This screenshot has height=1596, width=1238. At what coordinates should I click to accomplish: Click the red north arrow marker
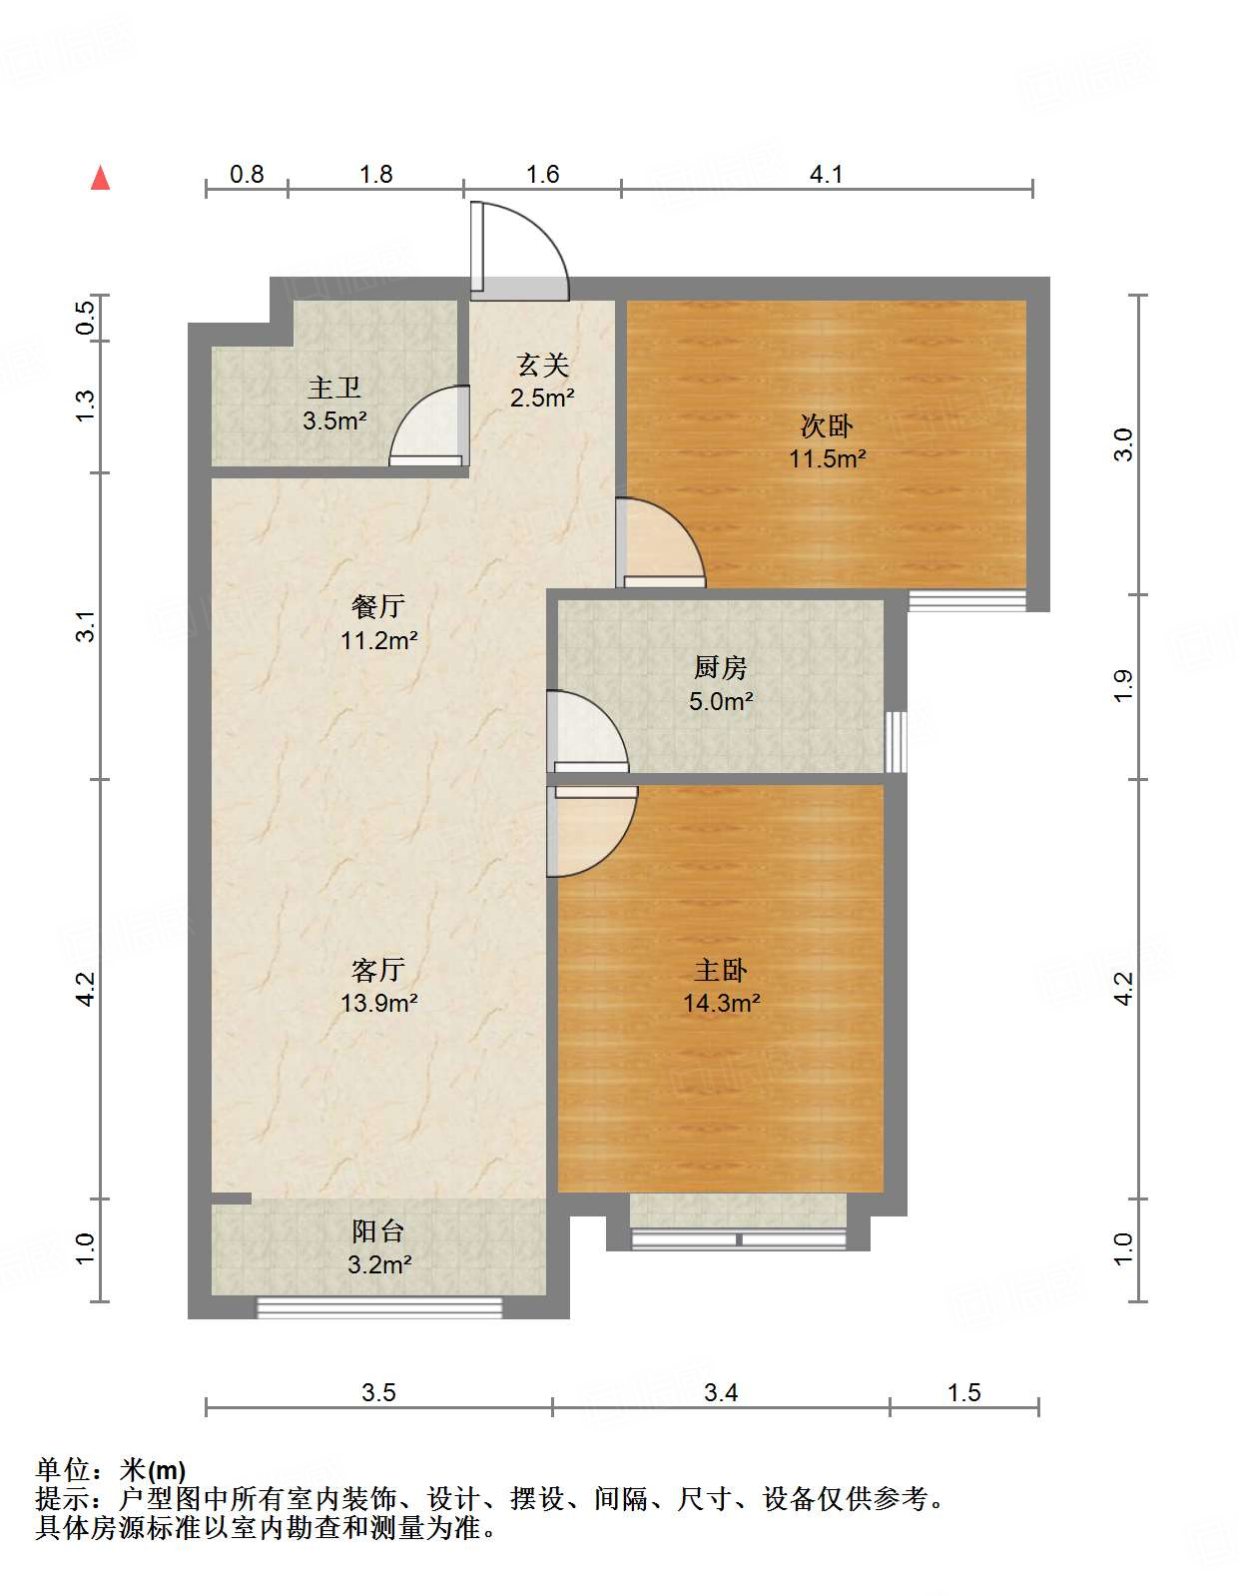tap(101, 178)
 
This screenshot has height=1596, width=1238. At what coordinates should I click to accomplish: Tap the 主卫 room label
tap(334, 388)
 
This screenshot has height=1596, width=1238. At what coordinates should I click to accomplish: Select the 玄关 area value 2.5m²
tap(542, 399)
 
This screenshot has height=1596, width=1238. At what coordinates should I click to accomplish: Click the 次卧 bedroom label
tap(827, 426)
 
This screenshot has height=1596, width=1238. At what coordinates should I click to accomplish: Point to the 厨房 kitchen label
tap(720, 668)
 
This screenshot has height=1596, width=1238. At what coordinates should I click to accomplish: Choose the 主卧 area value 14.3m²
tap(721, 1003)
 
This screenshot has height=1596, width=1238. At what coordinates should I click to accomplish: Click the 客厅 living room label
tap(378, 970)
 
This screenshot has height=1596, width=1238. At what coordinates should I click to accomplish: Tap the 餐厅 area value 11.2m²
tap(378, 641)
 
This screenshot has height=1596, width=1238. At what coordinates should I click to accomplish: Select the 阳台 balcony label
tap(378, 1231)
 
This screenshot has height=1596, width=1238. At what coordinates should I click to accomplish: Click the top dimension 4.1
tap(826, 175)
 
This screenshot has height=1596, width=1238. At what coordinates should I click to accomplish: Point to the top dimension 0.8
tap(247, 175)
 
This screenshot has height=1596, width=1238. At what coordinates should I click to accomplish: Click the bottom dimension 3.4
tap(720, 1392)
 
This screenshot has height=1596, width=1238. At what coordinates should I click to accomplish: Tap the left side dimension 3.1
tap(87, 626)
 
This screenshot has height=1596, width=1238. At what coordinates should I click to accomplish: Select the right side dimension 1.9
tap(1123, 685)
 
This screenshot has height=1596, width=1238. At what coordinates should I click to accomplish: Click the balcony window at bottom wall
tap(379, 1306)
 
